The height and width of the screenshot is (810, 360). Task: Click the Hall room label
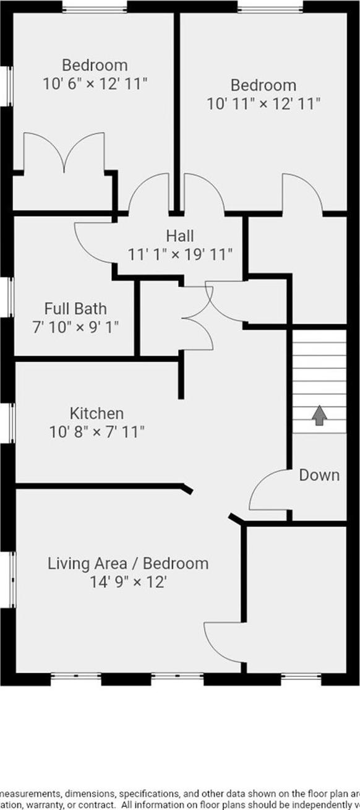click(x=179, y=236)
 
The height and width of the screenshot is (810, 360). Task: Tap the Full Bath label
click(x=75, y=308)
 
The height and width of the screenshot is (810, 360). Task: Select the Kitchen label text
click(x=96, y=413)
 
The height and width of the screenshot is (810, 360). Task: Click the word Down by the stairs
click(x=319, y=475)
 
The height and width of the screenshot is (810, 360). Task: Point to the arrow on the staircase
click(x=319, y=415)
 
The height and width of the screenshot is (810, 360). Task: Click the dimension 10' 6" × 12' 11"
click(x=95, y=83)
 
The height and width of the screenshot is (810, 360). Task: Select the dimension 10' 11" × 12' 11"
click(x=264, y=103)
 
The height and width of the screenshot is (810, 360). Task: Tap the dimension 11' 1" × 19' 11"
click(x=180, y=254)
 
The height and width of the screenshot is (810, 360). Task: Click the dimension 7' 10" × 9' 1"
click(x=75, y=326)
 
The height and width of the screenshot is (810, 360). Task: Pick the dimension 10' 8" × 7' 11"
click(x=97, y=431)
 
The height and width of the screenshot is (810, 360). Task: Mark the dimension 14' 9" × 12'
click(x=128, y=582)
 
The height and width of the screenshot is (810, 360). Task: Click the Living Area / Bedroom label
click(x=128, y=564)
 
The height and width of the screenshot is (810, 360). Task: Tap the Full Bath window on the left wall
click(x=11, y=298)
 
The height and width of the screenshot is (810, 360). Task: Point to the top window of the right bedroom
click(x=270, y=8)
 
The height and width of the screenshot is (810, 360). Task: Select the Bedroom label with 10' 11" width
click(x=264, y=85)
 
